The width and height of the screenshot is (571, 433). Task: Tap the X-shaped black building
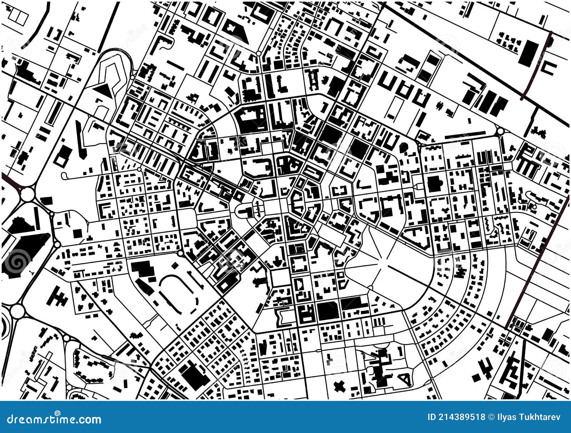[339, 386]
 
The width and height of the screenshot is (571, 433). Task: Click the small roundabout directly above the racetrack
[180, 253]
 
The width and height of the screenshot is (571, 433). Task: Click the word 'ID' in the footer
[431, 417]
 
